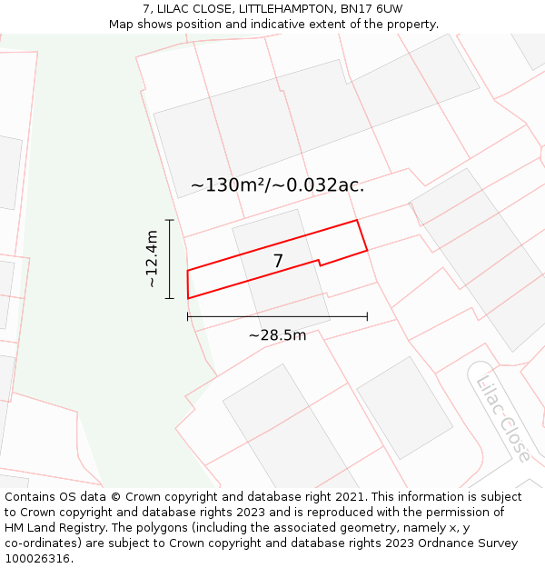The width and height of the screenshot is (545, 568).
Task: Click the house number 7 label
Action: pos(278,261)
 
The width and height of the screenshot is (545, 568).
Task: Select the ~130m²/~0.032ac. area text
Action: pos(277,185)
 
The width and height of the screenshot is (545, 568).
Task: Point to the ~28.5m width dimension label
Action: pos(277,335)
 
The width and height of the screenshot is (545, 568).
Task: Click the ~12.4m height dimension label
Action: pos(152,259)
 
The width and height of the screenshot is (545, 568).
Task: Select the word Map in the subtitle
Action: pos(122,24)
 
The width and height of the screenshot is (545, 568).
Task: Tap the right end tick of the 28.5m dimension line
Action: pos(367,316)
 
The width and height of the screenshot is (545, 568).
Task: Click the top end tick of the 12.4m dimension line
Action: pos(169,220)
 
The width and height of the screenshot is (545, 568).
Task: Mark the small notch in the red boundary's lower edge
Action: pos(319,263)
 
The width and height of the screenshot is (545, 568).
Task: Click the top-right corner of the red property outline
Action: pos(356,220)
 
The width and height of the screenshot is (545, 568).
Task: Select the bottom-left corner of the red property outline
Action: pos(188,298)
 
